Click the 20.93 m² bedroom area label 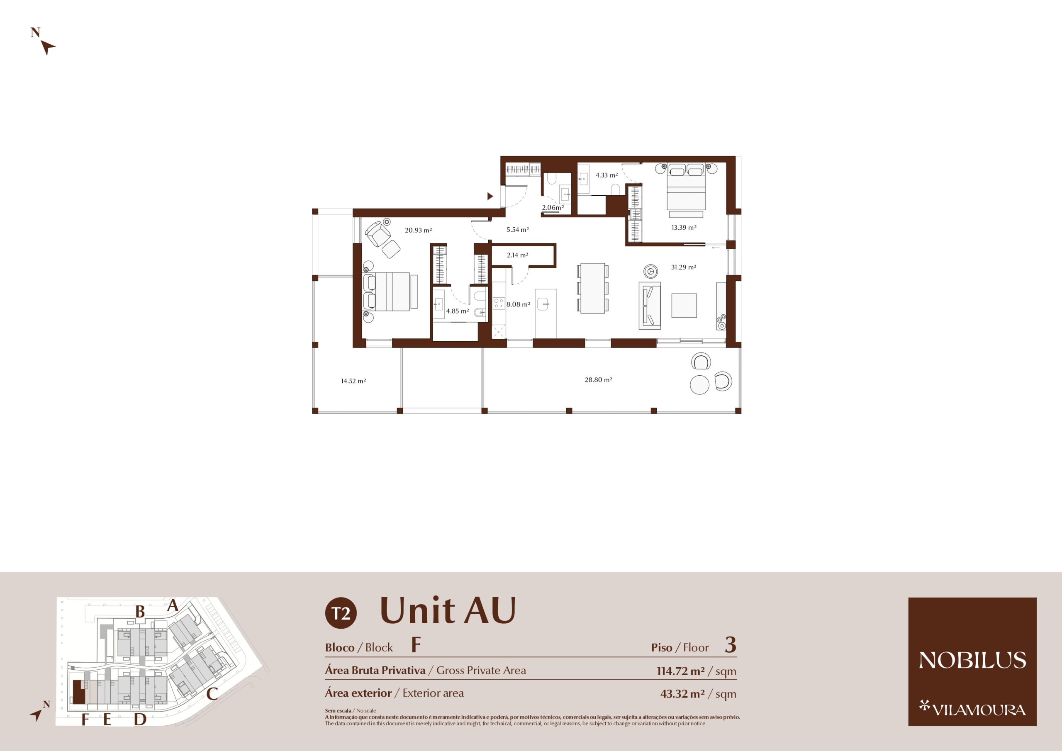(x=418, y=230)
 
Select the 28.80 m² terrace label (x=598, y=380)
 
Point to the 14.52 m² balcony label (x=353, y=381)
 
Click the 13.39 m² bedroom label (x=684, y=228)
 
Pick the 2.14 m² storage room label (x=517, y=255)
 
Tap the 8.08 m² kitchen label (x=518, y=304)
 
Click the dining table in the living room (x=592, y=288)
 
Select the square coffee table (x=684, y=305)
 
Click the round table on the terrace (x=699, y=385)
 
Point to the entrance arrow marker (x=490, y=197)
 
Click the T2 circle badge (x=341, y=613)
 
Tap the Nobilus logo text (x=972, y=660)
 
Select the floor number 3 (x=731, y=645)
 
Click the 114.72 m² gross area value (x=680, y=671)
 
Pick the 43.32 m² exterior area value (x=682, y=694)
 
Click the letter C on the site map (x=212, y=694)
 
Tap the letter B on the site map (x=140, y=612)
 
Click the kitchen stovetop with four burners (x=499, y=304)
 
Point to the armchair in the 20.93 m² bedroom (x=378, y=233)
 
